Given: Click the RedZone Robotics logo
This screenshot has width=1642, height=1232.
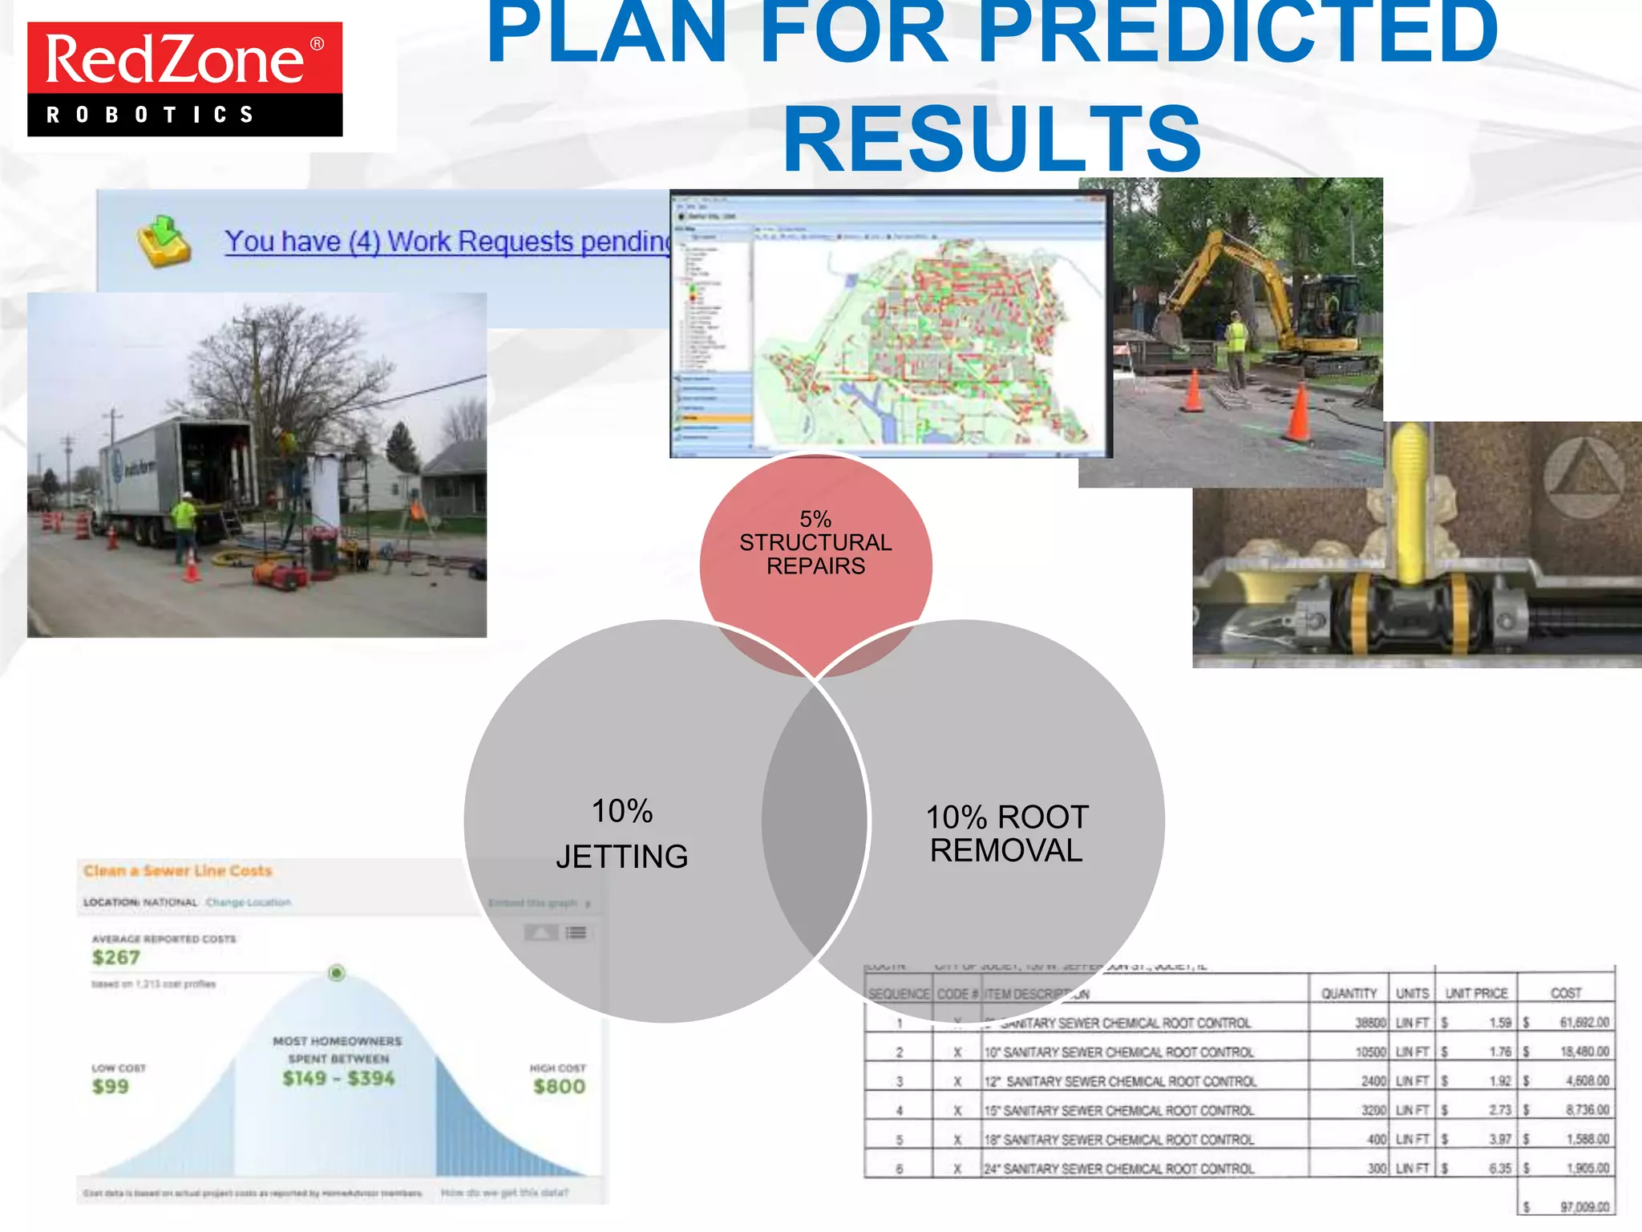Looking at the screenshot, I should coord(184,79).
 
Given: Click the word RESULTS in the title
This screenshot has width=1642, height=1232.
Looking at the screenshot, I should coord(992,139).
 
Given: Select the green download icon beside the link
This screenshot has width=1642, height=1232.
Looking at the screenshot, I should coord(164,240).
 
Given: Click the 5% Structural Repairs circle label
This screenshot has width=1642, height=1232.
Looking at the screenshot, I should coord(815,543).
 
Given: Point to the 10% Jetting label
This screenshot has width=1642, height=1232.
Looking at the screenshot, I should coord(622,833).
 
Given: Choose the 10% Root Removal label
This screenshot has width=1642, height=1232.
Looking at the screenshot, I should coord(1007,833).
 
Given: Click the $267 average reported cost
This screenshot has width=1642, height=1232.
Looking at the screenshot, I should coord(116,958).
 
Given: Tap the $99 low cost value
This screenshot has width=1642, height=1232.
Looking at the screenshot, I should coord(111,1087).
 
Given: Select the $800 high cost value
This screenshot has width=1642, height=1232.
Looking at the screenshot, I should coord(559,1087).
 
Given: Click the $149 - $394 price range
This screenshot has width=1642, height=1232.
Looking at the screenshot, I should coord(338,1078).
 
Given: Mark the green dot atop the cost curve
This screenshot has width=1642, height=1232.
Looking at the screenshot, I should coord(337,973).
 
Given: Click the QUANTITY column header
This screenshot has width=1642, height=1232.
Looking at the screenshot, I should coord(1349,994).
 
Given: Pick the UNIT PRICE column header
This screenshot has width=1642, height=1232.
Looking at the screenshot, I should coord(1476,994).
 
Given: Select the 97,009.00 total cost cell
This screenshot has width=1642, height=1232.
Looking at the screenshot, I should coord(1583,1207).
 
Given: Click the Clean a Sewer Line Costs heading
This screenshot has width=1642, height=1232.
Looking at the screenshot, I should coord(178,871).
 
